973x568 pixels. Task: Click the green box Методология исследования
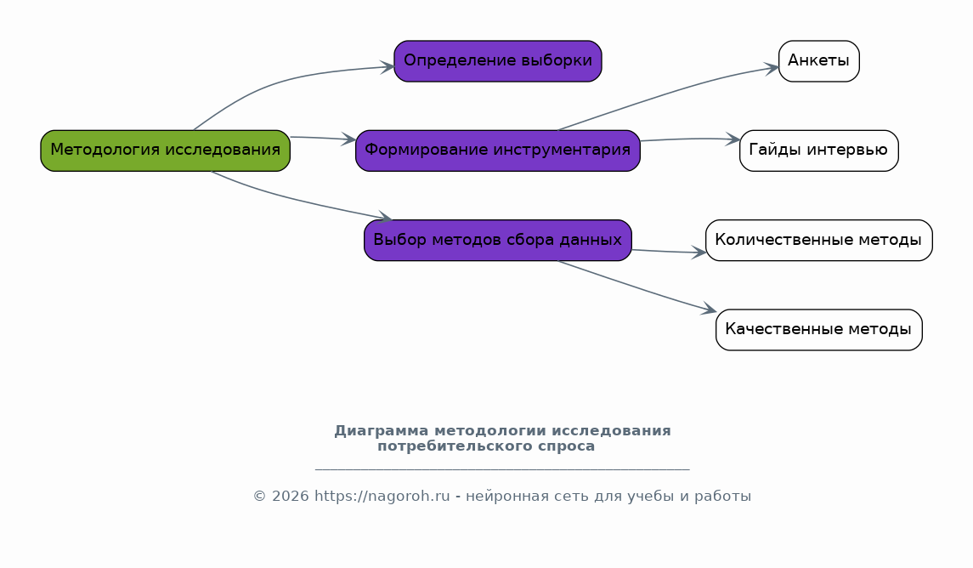165,151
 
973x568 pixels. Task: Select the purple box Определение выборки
498,61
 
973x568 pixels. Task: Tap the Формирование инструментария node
498,151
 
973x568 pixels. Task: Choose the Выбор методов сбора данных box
498,241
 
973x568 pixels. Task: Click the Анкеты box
819,61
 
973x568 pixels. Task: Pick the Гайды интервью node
819,151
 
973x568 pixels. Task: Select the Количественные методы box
819,241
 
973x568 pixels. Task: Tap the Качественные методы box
819,330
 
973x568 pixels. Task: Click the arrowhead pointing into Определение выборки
388,67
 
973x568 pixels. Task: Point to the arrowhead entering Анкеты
772,68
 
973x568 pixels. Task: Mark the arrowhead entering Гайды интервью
733,139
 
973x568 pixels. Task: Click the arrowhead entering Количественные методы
699,252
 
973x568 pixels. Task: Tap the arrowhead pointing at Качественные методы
710,309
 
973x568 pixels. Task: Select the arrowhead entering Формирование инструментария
348,139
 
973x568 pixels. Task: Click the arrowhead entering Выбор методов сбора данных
385,218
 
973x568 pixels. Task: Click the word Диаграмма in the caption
381,431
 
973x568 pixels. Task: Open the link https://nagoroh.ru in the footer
382,497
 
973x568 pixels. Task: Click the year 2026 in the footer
291,497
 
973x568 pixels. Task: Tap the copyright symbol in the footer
259,497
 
